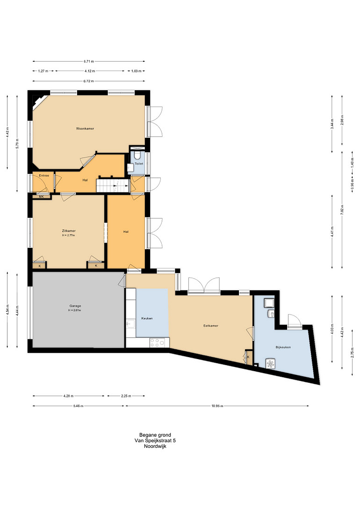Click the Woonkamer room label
pos(85,129)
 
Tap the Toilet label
pos(139,164)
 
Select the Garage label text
pos(75,306)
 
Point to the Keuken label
pos(147,318)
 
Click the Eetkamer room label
pos(211,326)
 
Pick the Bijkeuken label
pos(283,347)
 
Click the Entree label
pos(44,176)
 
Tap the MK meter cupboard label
pos(41,197)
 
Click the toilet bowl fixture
pos(138,155)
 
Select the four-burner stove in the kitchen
pos(157,342)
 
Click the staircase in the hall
pos(113,186)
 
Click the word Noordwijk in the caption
pos(155,446)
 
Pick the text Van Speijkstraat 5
pos(155,440)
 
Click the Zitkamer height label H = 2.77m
pos(69,235)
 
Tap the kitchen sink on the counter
pos(131,324)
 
